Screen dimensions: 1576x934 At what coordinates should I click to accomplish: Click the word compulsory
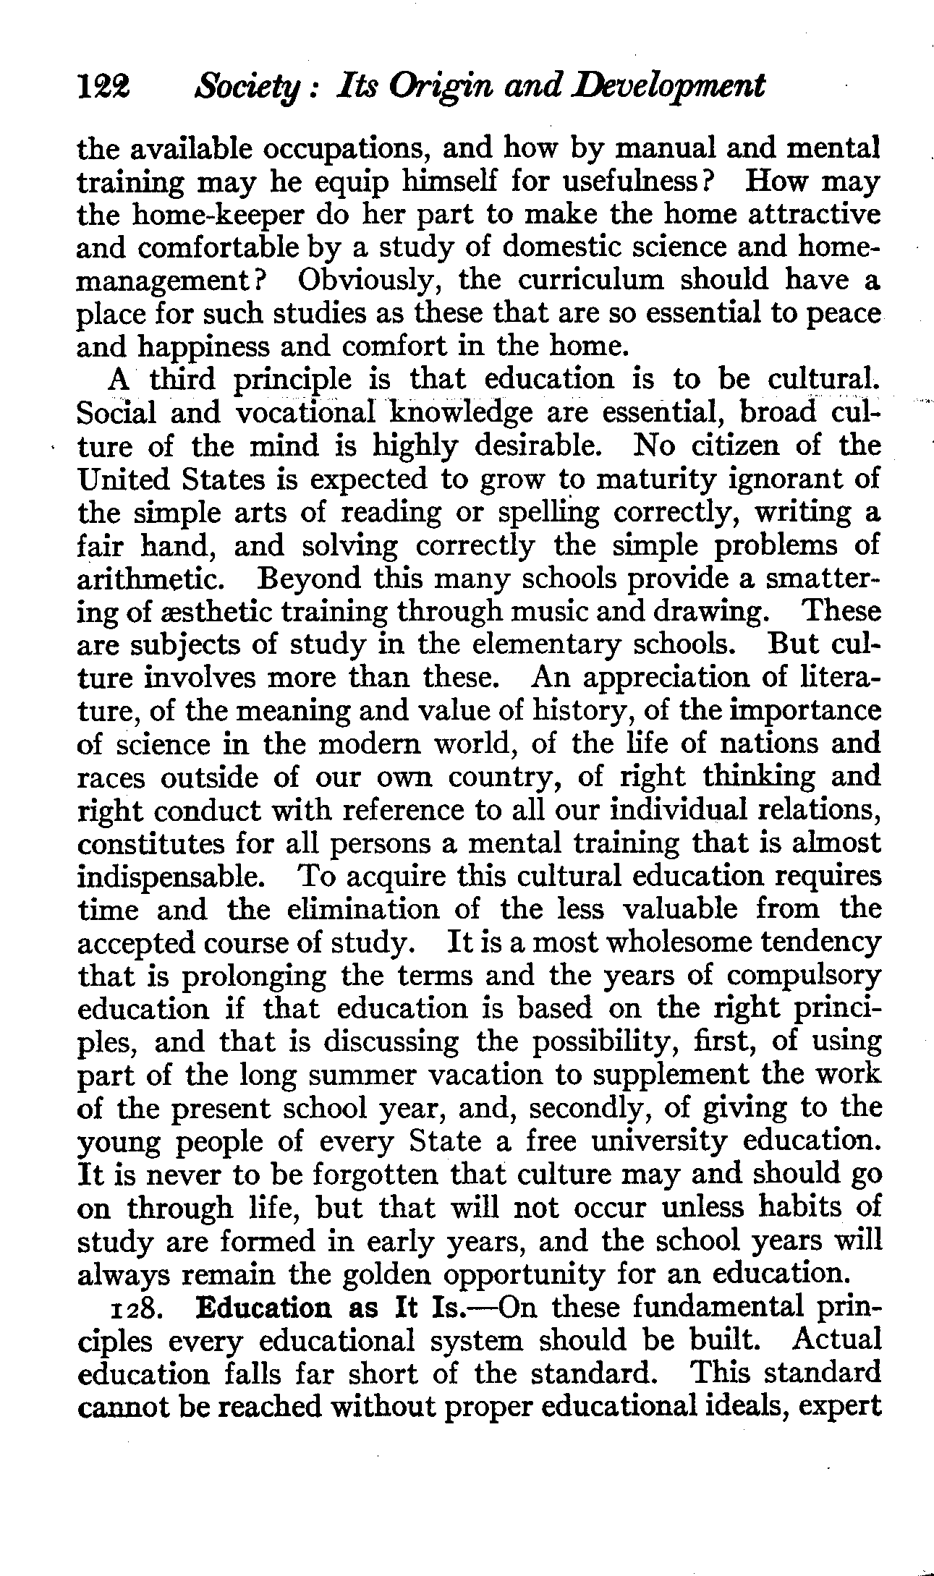[803, 976]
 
